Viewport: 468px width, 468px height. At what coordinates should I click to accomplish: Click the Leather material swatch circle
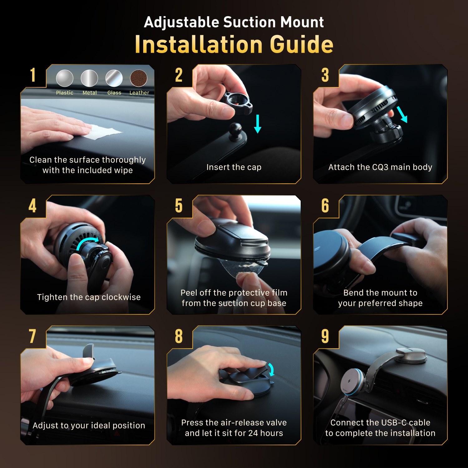click(x=139, y=78)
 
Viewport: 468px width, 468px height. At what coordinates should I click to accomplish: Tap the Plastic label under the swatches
click(x=65, y=93)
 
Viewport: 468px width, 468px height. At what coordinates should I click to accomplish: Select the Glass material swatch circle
click(x=114, y=78)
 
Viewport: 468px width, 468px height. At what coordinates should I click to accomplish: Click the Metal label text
click(x=90, y=93)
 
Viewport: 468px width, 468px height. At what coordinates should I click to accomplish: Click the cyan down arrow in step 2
click(x=258, y=124)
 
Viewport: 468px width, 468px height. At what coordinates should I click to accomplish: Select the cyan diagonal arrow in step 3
click(x=402, y=114)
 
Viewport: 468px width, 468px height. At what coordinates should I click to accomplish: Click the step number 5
click(x=179, y=206)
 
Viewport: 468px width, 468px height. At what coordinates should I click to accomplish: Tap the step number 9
click(x=325, y=336)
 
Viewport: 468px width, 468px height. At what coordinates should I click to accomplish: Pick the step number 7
click(x=32, y=336)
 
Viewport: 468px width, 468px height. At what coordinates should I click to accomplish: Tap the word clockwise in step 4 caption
click(x=121, y=297)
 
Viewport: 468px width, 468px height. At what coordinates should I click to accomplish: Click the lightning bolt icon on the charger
click(x=349, y=381)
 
